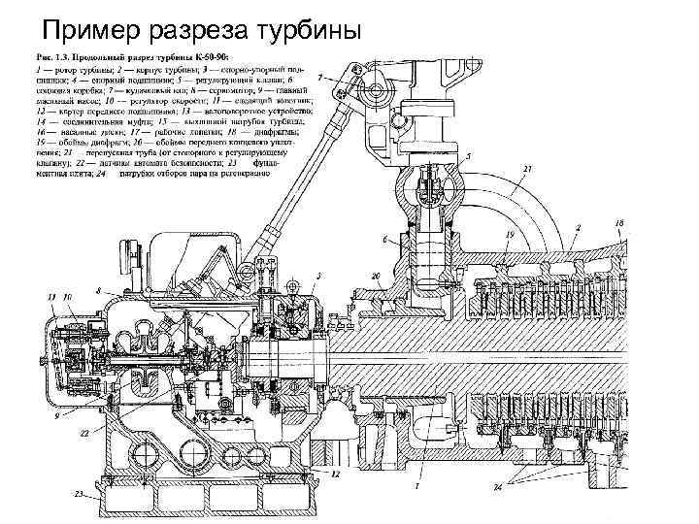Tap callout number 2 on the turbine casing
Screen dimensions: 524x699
tap(577, 225)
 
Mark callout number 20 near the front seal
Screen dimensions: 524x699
tap(375, 276)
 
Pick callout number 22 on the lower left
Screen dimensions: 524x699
tap(85, 433)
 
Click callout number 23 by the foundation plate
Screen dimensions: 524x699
tap(76, 493)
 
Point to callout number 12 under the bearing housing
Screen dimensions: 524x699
tap(335, 475)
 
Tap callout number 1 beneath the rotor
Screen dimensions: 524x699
tap(416, 483)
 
